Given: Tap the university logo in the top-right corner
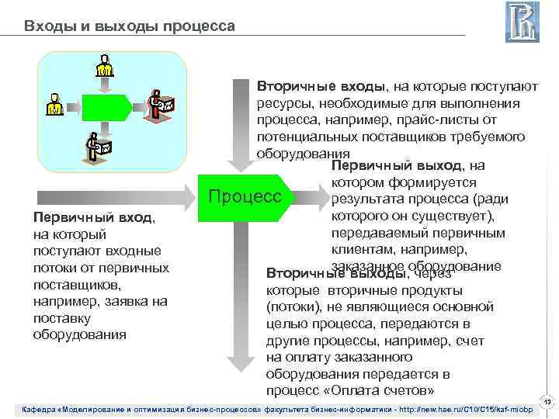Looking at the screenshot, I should click(x=522, y=23).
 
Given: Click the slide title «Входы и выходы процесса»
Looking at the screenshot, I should click(x=129, y=26).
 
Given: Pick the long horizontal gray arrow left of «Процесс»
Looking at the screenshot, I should click(x=116, y=196).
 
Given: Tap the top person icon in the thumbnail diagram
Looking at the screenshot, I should click(x=104, y=67).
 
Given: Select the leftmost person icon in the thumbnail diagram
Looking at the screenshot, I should click(x=54, y=105).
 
